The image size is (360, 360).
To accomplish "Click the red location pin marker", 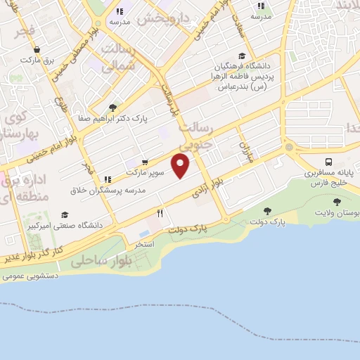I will point(181,165).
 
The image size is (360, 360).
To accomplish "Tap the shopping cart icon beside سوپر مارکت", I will point(145,161).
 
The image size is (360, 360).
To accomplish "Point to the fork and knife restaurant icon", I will point(160,213).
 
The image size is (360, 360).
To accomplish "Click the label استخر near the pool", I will point(145,244).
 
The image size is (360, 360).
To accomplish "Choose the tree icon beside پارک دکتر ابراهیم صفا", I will point(112,108).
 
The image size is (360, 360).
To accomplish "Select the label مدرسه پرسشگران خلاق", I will point(108,191).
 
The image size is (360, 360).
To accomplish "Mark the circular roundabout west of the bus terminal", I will point(289,147).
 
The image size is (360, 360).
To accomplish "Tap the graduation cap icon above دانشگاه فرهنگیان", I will point(242,56).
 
